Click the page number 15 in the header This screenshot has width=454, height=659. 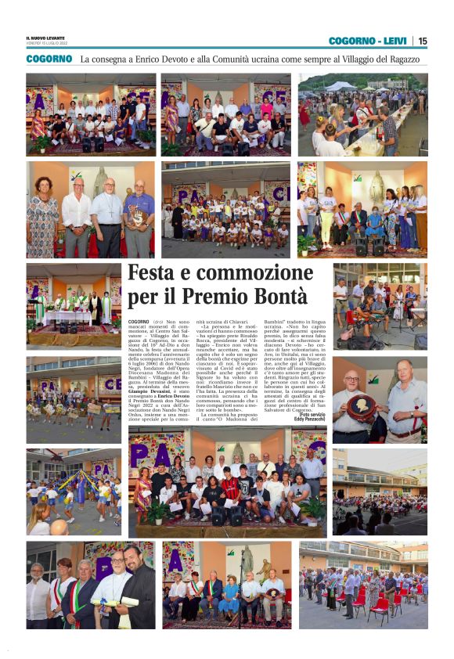click(423, 41)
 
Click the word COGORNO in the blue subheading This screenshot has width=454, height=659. click(49, 59)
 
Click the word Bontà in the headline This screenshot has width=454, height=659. click(278, 296)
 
